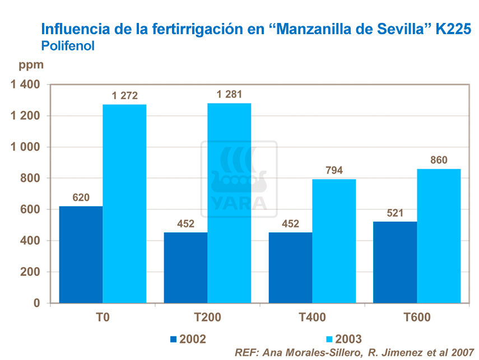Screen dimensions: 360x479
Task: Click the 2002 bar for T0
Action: (x=81, y=255)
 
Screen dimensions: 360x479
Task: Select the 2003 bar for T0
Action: (x=124, y=204)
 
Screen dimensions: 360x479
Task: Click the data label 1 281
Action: (x=229, y=94)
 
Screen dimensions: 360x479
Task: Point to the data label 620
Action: (x=81, y=198)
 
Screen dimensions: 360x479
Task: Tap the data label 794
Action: (x=334, y=170)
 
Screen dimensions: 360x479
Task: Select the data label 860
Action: (x=439, y=160)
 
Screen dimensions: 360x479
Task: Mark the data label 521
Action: (x=395, y=213)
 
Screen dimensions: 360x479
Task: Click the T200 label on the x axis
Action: (x=207, y=318)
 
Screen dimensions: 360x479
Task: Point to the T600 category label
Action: (x=417, y=318)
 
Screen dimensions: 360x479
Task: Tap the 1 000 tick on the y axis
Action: (x=23, y=147)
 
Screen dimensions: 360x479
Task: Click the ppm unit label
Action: (x=31, y=64)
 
